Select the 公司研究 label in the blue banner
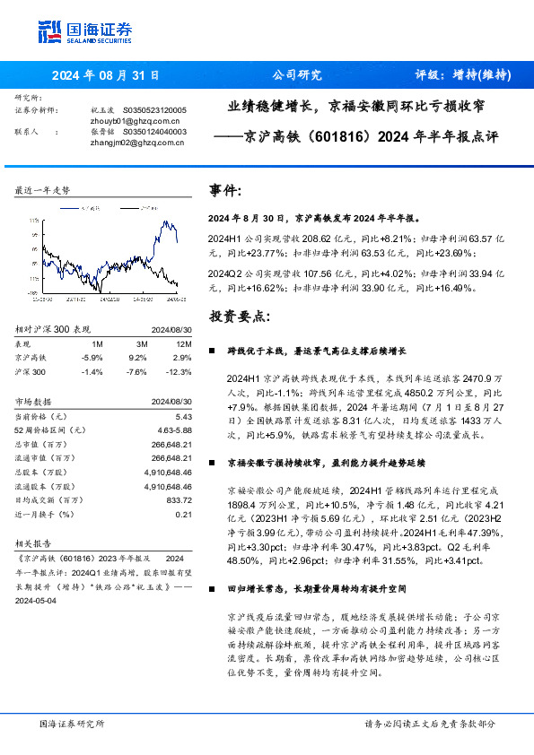tap(296, 75)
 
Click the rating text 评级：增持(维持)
tap(463, 75)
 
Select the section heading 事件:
tap(225, 191)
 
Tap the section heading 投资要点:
tap(238, 317)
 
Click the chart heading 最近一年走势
tap(42, 191)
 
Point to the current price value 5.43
tap(185, 417)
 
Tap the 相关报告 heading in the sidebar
tap(35, 542)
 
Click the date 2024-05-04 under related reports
tap(39, 603)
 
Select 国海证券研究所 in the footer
tap(72, 723)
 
